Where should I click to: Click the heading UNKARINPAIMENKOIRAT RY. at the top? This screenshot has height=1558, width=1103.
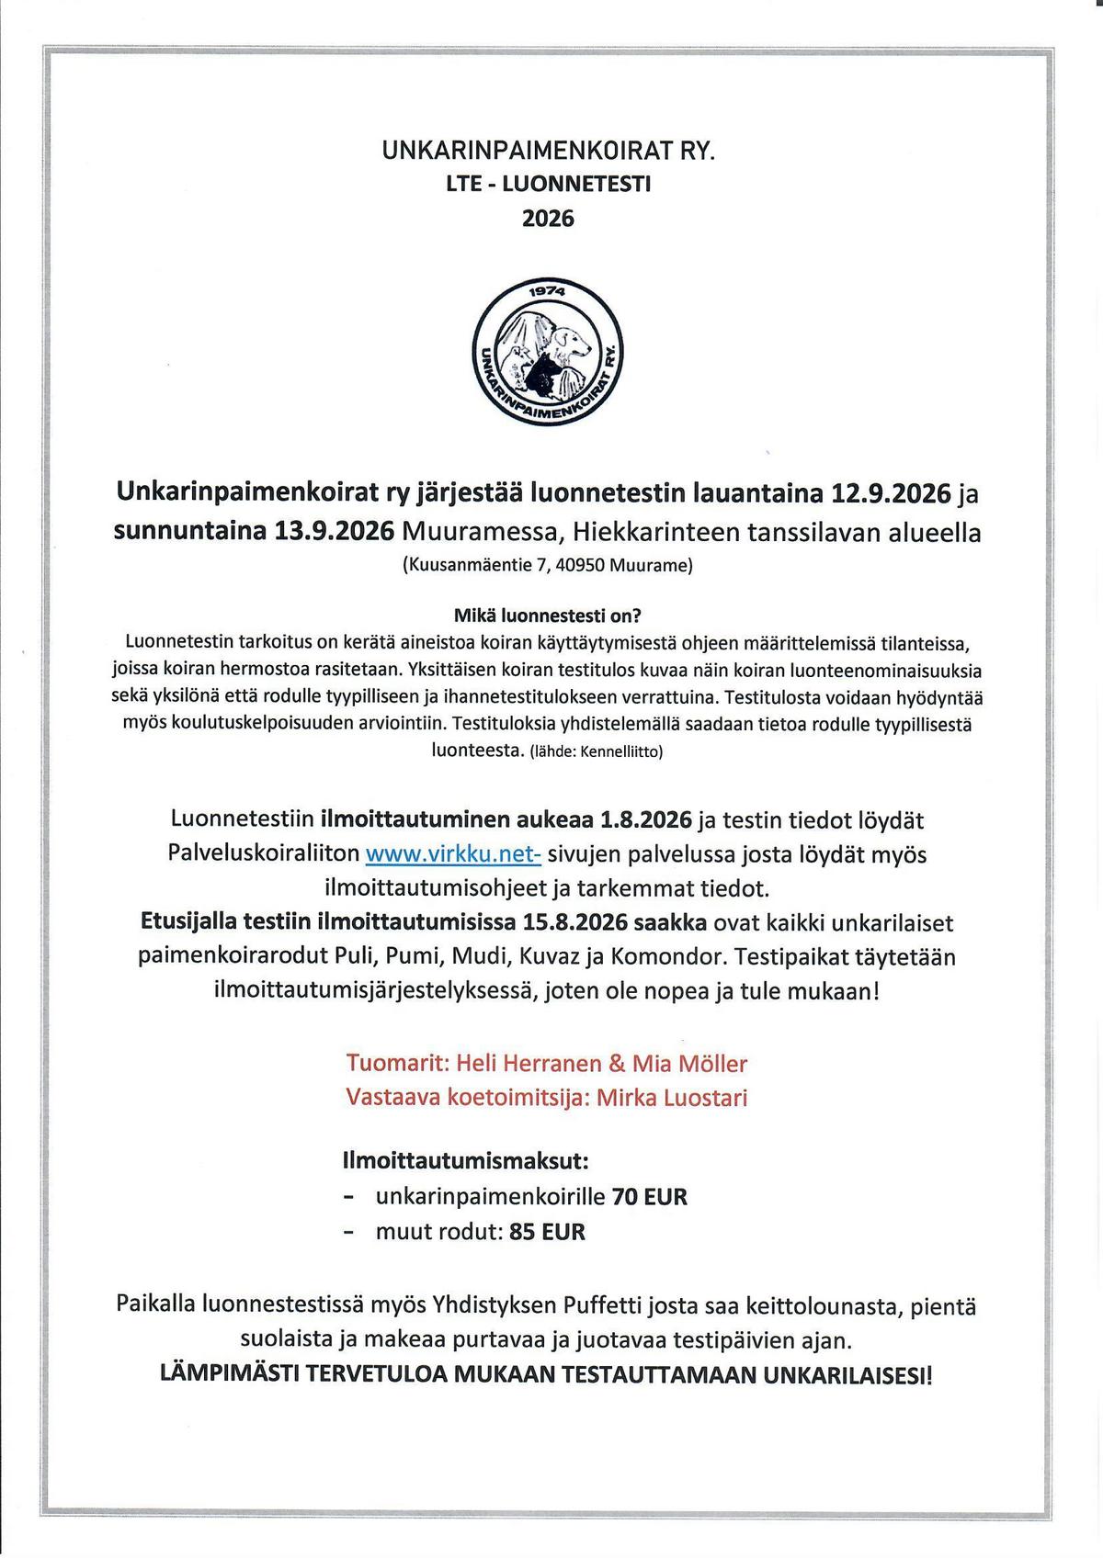coord(548,151)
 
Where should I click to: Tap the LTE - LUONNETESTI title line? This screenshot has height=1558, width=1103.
coord(548,184)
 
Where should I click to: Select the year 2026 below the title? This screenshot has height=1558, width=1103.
coord(548,219)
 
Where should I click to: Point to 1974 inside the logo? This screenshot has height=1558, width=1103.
coord(549,296)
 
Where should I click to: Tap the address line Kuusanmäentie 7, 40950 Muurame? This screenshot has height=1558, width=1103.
coord(548,565)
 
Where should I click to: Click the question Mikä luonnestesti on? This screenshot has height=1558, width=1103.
coord(548,615)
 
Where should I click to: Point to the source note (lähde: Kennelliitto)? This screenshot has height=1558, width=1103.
coord(596,751)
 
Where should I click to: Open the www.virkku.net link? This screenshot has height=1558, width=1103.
coord(452,854)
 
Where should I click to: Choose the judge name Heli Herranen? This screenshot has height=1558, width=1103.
coord(525,1064)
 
